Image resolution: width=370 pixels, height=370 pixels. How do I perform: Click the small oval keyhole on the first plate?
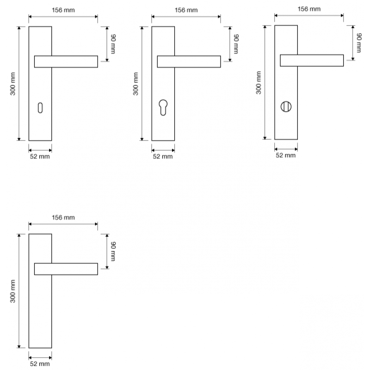pyautogui.click(x=40, y=108)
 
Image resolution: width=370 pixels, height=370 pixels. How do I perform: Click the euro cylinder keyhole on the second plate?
pyautogui.click(x=163, y=108)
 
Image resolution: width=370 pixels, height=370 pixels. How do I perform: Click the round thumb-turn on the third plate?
pyautogui.click(x=286, y=107)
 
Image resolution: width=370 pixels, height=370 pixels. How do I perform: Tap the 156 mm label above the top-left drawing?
pyautogui.click(x=63, y=10)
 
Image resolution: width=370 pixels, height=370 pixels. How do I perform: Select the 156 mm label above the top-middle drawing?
pyautogui.click(x=186, y=10)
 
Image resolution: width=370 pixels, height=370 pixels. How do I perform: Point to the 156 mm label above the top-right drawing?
pyautogui.click(x=309, y=9)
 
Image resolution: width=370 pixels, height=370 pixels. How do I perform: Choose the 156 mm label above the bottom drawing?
pyautogui.click(x=63, y=217)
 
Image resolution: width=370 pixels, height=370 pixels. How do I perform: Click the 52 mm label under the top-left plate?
pyautogui.click(x=40, y=156)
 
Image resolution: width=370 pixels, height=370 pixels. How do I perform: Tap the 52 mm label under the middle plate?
pyautogui.click(x=163, y=156)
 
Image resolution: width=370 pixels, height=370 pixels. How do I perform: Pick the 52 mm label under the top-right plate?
pyautogui.click(x=286, y=155)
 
